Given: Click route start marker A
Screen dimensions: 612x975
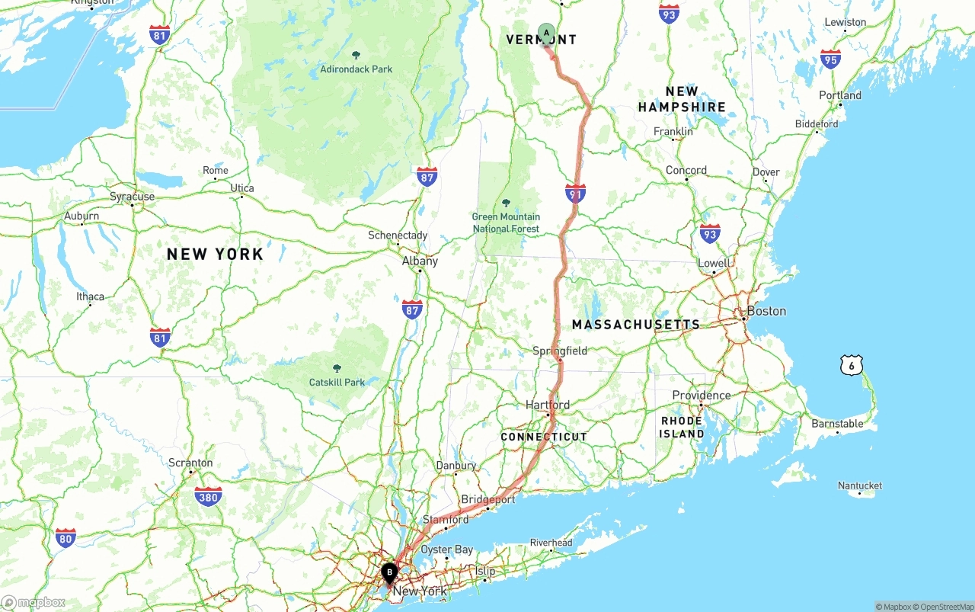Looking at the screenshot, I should (x=546, y=33).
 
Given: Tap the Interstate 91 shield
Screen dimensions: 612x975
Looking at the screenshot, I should (x=576, y=193).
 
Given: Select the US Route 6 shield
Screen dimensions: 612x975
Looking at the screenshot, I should (x=852, y=365).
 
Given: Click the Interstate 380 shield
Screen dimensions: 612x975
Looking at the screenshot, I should (x=208, y=497).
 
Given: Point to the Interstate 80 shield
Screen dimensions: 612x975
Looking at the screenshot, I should (x=66, y=538).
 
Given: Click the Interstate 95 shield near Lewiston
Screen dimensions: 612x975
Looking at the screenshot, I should (x=831, y=59).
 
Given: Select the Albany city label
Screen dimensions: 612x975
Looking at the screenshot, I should (x=420, y=261).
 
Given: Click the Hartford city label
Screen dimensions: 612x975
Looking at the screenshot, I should (x=547, y=405).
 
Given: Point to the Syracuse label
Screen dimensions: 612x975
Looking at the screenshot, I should (x=132, y=197).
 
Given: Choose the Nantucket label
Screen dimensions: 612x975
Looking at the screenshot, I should (x=859, y=485).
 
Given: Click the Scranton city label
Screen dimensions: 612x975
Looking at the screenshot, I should (x=190, y=463).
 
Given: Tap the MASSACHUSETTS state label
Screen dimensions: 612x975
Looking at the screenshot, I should (x=636, y=325).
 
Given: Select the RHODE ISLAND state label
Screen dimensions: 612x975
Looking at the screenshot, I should (x=682, y=427).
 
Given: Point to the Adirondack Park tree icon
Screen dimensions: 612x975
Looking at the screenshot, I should (x=356, y=55).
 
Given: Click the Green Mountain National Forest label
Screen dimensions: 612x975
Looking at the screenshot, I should (x=506, y=223).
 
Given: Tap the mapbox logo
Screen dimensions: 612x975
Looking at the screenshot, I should (x=34, y=603).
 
